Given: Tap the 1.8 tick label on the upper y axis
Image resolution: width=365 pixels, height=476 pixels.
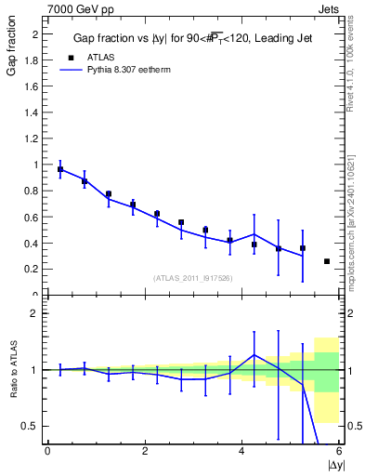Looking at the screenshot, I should tap(33, 60).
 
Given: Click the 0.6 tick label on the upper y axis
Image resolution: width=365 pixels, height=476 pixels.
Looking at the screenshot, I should tap(33, 217).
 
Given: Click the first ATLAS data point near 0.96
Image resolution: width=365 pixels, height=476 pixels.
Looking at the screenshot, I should tap(60, 170).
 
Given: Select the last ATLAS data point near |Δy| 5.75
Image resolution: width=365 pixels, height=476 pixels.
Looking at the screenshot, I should tap(327, 261).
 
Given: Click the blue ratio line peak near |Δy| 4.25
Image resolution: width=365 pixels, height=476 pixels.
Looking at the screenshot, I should tap(254, 354).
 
